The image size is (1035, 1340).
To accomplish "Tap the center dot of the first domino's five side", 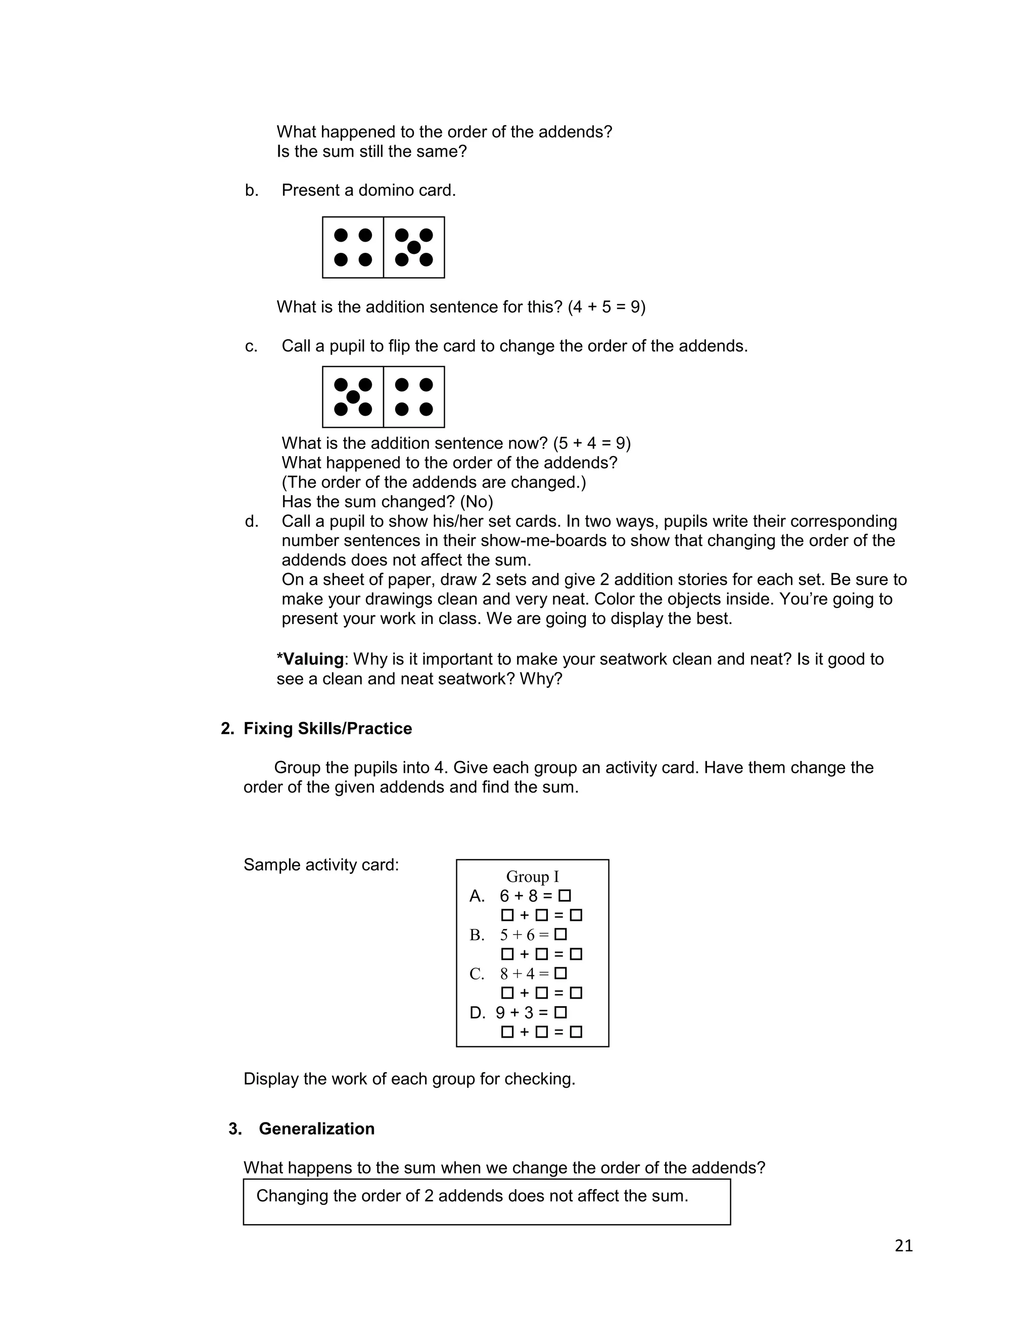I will pyautogui.click(x=414, y=247).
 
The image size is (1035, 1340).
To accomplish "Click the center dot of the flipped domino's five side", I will pyautogui.click(x=353, y=397).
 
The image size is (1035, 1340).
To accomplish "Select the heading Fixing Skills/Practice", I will pyautogui.click(x=327, y=728).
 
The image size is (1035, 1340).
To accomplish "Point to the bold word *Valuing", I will pyautogui.click(x=310, y=659).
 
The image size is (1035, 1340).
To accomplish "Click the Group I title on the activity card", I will pyautogui.click(x=532, y=876).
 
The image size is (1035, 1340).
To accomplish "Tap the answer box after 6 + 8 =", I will pyautogui.click(x=564, y=896).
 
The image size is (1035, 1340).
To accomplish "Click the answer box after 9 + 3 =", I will pyautogui.click(x=560, y=1012).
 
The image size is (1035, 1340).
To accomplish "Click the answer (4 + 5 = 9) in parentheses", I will pyautogui.click(x=606, y=307).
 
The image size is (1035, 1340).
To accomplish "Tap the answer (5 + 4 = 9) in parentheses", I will pyautogui.click(x=592, y=443).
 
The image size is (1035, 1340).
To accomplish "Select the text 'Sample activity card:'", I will pyautogui.click(x=321, y=865).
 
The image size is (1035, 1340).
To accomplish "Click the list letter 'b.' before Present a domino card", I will pyautogui.click(x=251, y=190).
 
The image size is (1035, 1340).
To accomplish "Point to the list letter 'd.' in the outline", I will pyautogui.click(x=251, y=521).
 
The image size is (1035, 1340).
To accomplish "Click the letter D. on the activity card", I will pyautogui.click(x=477, y=1013).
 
